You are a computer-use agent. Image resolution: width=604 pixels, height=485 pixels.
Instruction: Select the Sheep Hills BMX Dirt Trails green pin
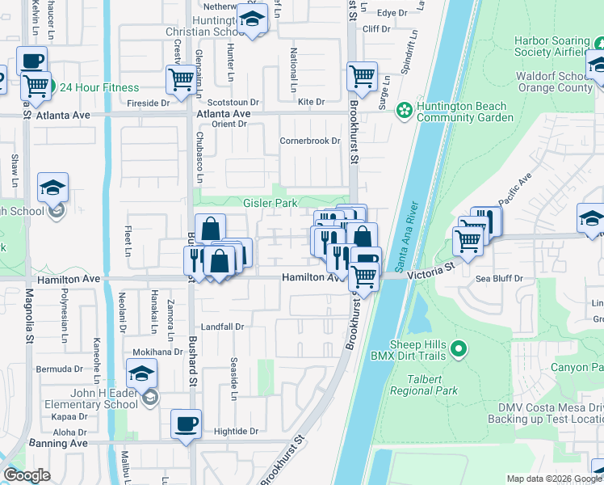coord(459,348)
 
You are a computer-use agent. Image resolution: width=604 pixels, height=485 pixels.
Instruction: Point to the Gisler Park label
coord(271,203)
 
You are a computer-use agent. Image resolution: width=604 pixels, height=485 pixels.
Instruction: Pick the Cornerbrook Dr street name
coord(310,141)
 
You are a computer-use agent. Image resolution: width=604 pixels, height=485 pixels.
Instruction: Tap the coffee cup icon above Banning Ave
coord(186,424)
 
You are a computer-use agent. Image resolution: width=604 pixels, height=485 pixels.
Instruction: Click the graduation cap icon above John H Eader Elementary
coord(141,374)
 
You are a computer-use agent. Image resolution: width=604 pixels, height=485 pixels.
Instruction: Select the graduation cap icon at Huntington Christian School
coord(252,19)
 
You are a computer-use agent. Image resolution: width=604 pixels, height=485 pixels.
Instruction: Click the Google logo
coord(27,475)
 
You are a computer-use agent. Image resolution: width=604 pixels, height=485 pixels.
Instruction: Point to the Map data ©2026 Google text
coord(553,479)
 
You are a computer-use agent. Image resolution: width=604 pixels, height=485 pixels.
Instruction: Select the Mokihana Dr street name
coord(158,352)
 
